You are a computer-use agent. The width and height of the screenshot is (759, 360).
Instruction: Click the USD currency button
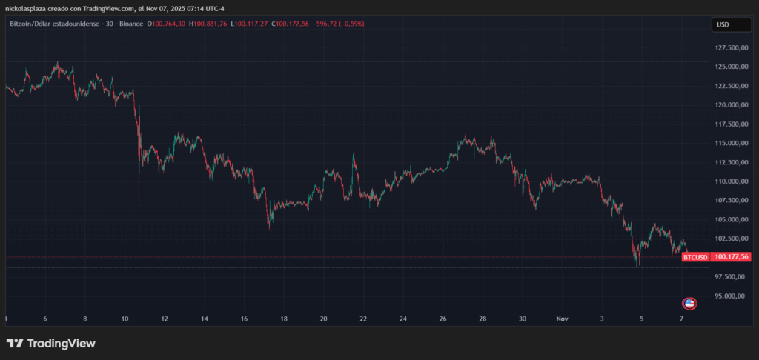(723, 24)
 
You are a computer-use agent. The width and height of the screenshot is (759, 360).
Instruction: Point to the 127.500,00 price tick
(729, 48)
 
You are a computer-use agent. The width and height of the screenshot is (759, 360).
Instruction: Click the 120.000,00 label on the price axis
(729, 105)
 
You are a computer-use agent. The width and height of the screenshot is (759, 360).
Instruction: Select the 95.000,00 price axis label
(729, 296)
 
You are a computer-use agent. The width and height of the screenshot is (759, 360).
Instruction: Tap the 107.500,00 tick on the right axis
(729, 201)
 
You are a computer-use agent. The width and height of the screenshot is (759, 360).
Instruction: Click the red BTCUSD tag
(695, 257)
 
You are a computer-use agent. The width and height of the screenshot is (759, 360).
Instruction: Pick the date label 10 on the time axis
(125, 319)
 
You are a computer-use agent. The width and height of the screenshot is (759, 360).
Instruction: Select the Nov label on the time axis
(562, 319)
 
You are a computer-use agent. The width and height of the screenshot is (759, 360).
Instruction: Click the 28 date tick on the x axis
(483, 319)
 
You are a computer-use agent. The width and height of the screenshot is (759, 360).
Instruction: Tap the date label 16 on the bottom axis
(244, 319)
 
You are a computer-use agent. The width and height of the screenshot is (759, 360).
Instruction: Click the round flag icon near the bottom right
(689, 303)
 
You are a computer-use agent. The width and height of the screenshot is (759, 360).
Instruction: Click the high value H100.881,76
(209, 24)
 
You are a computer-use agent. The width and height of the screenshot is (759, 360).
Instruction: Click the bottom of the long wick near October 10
(139, 199)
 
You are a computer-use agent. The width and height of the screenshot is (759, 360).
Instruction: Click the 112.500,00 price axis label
(729, 162)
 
